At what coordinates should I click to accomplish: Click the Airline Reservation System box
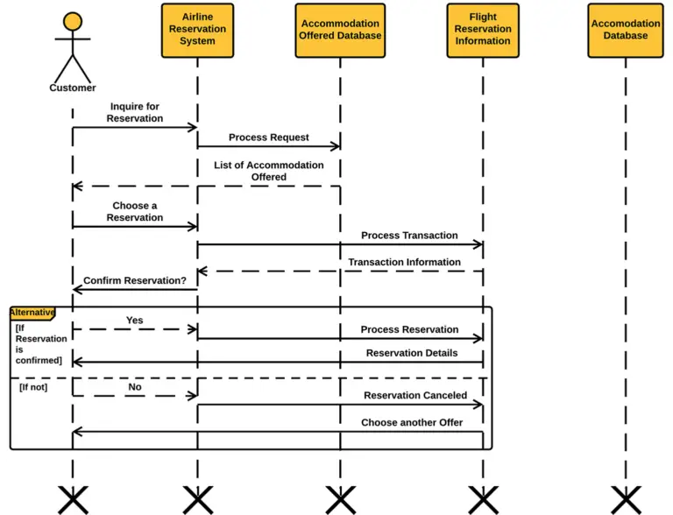(197, 30)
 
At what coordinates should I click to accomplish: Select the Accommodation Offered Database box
(340, 30)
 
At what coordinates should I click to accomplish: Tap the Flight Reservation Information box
(482, 30)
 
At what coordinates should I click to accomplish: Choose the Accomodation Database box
(625, 30)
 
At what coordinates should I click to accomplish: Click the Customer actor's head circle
(73, 23)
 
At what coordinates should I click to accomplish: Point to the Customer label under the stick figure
(73, 88)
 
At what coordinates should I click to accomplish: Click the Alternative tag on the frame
(32, 313)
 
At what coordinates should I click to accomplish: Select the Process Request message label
(268, 138)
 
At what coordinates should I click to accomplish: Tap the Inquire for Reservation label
(135, 112)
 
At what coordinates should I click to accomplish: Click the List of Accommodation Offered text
(268, 171)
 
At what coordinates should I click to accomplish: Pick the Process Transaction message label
(409, 236)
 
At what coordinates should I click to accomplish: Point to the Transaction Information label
(404, 262)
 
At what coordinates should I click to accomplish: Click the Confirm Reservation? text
(134, 281)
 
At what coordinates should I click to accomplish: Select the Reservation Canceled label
(415, 396)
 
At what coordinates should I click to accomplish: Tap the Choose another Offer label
(412, 422)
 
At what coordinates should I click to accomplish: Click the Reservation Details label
(412, 353)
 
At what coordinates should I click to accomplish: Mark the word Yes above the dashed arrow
(134, 321)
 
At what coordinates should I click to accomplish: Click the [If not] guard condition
(33, 386)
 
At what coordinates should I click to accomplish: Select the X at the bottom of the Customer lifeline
(73, 499)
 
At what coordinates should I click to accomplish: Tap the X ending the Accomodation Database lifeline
(625, 499)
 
